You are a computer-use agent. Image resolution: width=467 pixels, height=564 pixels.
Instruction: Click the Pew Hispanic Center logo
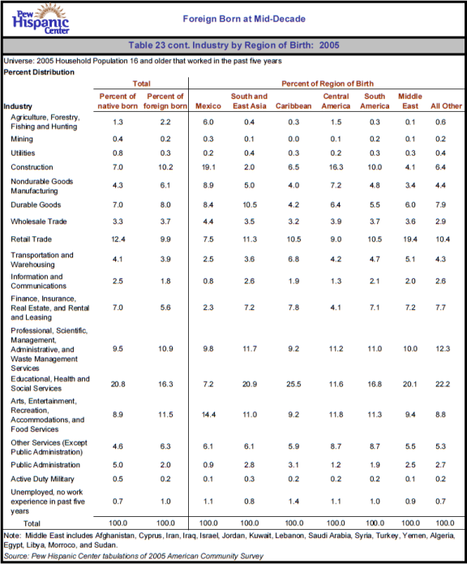pos(41,19)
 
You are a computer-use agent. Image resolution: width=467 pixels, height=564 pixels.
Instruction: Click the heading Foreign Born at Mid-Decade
pos(244,19)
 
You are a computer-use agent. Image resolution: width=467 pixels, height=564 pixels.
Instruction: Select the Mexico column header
pos(208,106)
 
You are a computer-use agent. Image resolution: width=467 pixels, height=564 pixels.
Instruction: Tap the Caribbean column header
pos(293,106)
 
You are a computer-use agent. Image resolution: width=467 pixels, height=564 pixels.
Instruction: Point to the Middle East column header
pos(410,101)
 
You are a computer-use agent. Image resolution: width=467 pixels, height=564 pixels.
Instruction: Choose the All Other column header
pos(446,106)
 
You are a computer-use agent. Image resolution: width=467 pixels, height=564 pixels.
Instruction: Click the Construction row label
pos(32,167)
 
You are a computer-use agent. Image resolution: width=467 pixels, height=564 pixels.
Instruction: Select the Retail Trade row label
pos(32,239)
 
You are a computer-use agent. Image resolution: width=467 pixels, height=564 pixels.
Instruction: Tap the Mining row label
pos(22,140)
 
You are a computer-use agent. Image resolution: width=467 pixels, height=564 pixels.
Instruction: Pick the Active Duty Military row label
pos(42,479)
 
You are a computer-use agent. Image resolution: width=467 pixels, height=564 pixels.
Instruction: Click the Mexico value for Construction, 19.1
pos(208,167)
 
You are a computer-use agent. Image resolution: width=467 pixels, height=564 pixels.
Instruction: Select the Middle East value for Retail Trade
pos(410,239)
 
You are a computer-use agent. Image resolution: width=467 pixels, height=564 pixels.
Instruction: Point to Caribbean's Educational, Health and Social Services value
pos(293,384)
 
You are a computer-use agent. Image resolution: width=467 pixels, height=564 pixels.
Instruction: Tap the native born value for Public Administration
pos(118,465)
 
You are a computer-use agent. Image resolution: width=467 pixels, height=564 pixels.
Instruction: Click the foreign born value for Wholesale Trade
pos(165,222)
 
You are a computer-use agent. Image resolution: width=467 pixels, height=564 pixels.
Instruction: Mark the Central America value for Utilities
pos(336,153)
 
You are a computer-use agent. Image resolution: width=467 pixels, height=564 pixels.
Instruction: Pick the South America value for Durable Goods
pos(375,205)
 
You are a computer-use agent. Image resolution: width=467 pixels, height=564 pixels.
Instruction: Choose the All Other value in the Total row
pos(445,523)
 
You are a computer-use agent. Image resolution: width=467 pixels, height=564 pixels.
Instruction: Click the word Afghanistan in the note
pos(114,536)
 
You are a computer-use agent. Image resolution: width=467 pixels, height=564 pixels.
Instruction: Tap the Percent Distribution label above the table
pos(39,72)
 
